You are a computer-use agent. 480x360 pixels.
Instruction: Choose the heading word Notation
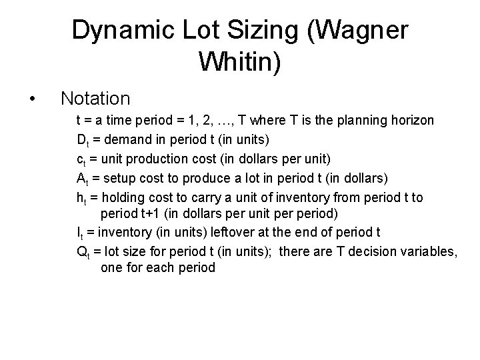coord(95,99)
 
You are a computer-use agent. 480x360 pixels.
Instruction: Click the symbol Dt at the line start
coord(83,141)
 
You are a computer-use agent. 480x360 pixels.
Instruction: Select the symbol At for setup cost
coord(82,178)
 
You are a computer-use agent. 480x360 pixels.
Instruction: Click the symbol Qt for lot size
coord(83,252)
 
